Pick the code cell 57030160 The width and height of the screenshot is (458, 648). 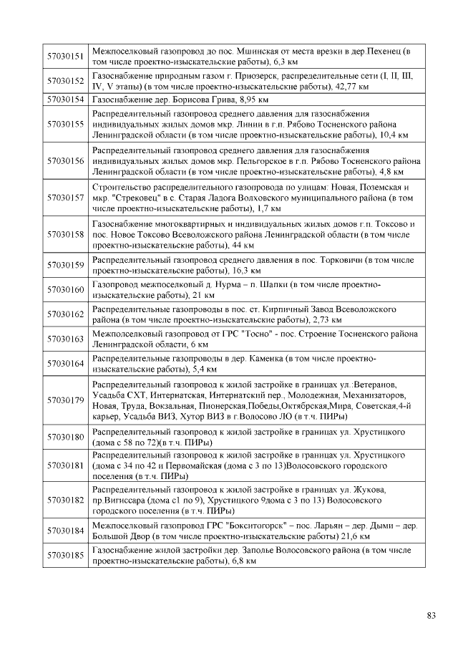65,289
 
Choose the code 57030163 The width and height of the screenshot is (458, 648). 65,339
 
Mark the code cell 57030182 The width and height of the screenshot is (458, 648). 65,500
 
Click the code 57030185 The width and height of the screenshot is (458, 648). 65,555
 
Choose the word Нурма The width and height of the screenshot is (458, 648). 203,284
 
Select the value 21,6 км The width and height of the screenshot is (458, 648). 354,536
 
